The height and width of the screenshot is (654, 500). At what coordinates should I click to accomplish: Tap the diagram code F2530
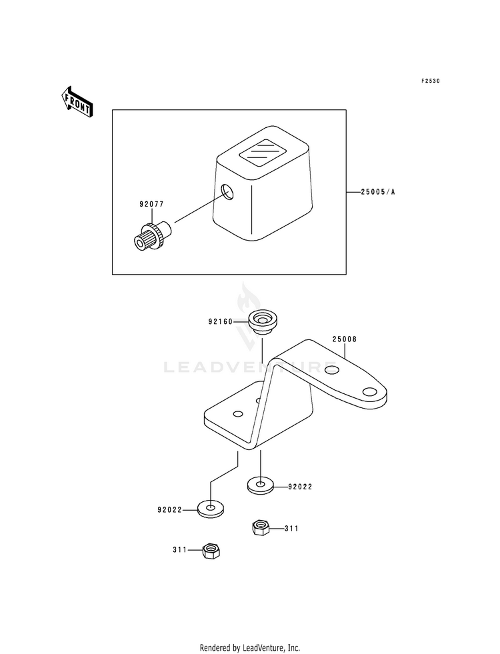431,81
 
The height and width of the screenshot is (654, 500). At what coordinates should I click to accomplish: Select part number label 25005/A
379,192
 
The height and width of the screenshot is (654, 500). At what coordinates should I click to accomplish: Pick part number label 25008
345,339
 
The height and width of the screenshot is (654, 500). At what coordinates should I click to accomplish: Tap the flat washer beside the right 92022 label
261,484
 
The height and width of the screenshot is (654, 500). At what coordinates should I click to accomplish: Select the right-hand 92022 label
300,487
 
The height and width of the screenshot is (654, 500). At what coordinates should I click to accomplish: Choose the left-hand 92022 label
169,511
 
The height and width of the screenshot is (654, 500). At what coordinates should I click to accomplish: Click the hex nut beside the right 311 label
261,528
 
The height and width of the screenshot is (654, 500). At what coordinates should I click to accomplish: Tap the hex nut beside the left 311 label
212,551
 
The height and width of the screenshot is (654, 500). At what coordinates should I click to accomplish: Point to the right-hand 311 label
291,529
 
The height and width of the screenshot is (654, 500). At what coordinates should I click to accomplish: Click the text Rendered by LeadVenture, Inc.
249,648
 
